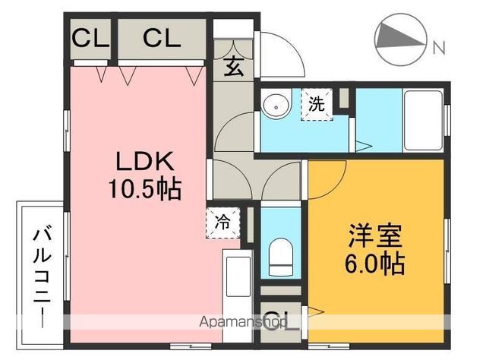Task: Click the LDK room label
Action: coord(145,162)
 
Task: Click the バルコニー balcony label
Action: coord(40,276)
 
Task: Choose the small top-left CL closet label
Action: coord(90,38)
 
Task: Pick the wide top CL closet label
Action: coord(161,38)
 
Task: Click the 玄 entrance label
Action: coord(233,68)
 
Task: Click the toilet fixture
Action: coord(280,255)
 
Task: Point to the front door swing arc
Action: coord(285,53)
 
